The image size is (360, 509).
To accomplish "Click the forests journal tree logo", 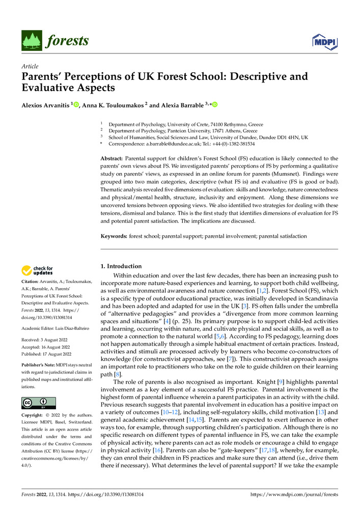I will pyautogui.click(x=31, y=41).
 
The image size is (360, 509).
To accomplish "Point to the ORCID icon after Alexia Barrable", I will pyautogui.click(x=215, y=105).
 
